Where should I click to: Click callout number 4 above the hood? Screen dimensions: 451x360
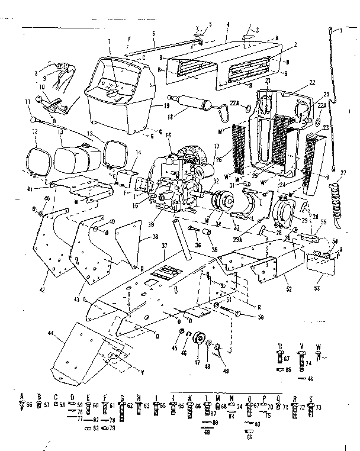(x=228, y=24)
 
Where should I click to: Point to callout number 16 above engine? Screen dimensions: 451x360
(x=169, y=136)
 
